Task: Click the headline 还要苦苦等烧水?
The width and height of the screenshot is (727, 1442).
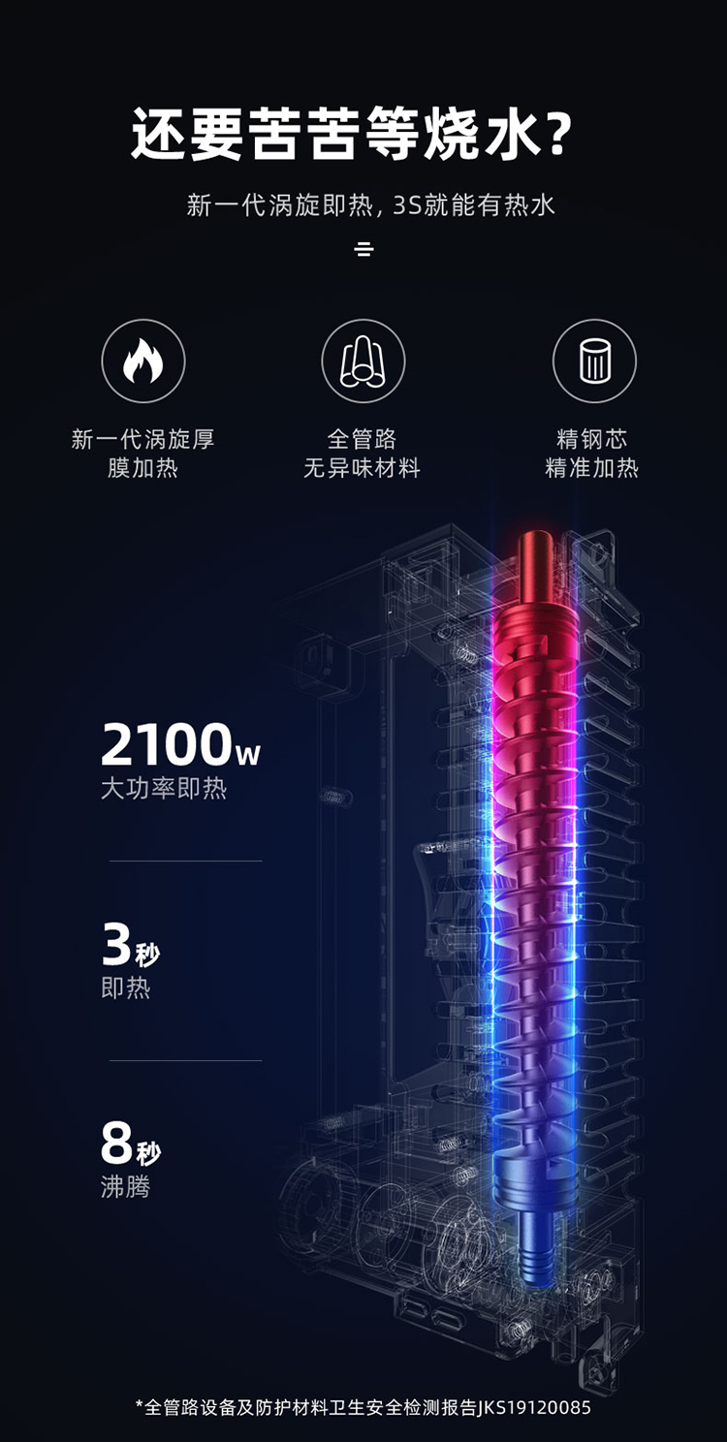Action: pyautogui.click(x=350, y=135)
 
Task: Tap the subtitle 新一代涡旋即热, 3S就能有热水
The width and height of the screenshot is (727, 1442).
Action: pyautogui.click(x=370, y=205)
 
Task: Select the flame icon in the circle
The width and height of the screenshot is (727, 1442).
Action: pyautogui.click(x=143, y=361)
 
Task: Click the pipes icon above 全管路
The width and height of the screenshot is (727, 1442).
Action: pyautogui.click(x=363, y=361)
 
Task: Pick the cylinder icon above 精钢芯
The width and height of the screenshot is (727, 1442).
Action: pyautogui.click(x=594, y=361)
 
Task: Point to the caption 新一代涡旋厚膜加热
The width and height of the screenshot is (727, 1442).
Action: pyautogui.click(x=143, y=454)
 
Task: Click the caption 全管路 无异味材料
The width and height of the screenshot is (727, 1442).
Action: pyautogui.click(x=363, y=454)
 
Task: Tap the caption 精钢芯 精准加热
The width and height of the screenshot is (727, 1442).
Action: pyautogui.click(x=592, y=454)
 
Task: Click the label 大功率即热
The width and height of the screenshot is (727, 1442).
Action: pyautogui.click(x=164, y=788)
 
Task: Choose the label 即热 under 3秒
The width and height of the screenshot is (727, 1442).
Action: pyautogui.click(x=126, y=988)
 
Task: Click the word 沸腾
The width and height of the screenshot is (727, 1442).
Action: pyautogui.click(x=126, y=1186)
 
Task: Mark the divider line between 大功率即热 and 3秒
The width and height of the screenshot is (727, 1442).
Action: pyautogui.click(x=185, y=861)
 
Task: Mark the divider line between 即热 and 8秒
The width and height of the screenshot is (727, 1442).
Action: pyautogui.click(x=185, y=1060)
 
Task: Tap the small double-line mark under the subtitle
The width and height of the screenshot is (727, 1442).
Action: pyautogui.click(x=363, y=249)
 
